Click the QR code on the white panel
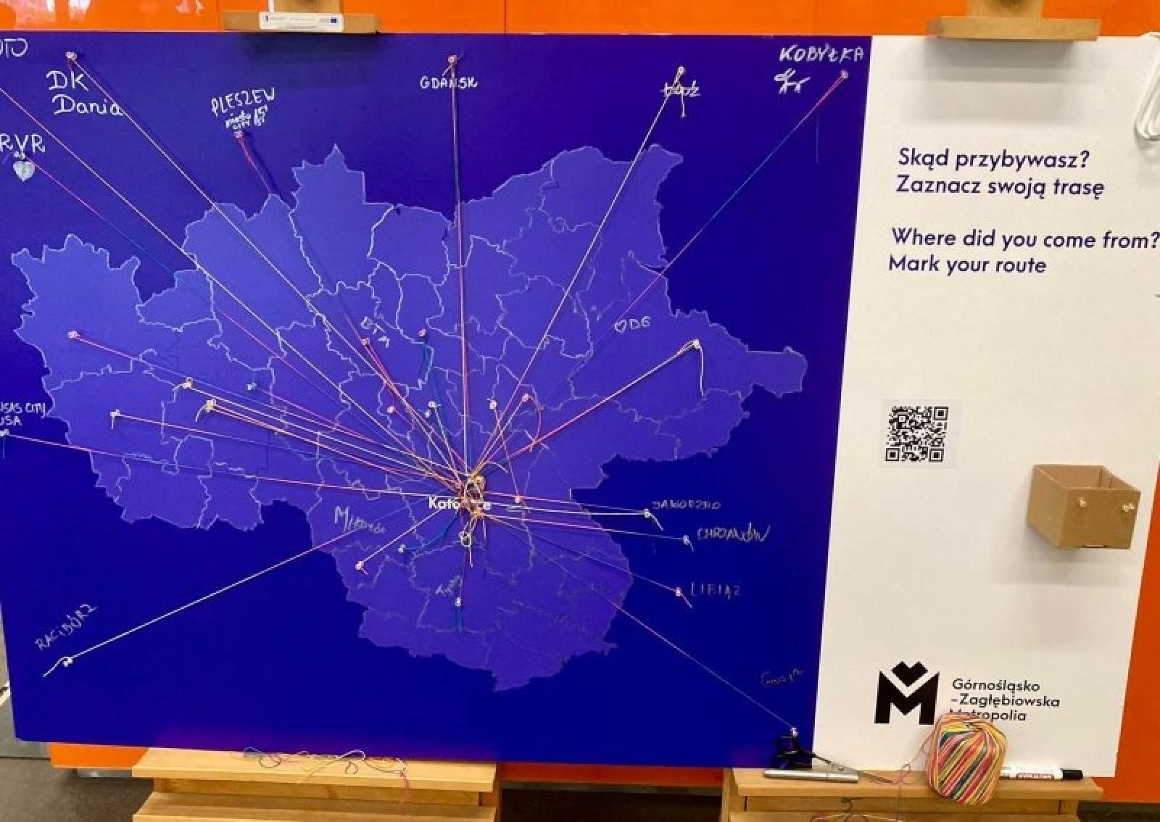tap(917, 433)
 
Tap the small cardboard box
tap(1082, 505)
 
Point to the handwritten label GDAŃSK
tap(448, 83)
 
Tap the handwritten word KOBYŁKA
tap(821, 55)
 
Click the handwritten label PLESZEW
tap(243, 101)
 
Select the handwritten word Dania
tap(87, 106)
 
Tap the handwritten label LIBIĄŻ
tap(715, 590)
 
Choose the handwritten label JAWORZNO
tap(686, 505)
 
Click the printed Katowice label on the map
tap(458, 503)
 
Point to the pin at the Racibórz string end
tap(68, 660)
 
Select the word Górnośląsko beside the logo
tap(995, 684)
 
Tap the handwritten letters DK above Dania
tap(67, 80)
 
